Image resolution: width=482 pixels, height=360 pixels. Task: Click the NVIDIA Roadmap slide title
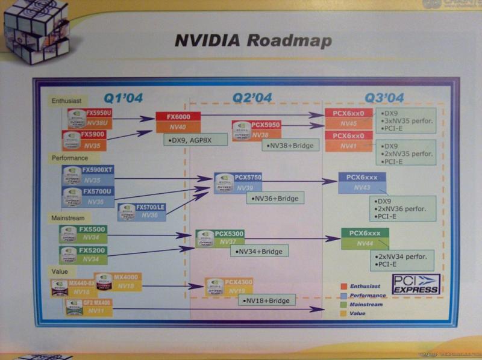click(252, 40)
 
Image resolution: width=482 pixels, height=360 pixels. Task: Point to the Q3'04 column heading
click(384, 97)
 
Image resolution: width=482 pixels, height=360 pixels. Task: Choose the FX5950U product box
click(87, 117)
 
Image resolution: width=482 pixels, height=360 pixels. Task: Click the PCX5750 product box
click(239, 182)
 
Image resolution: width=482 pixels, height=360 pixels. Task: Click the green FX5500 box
click(83, 234)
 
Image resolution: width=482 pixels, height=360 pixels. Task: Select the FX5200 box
click(83, 254)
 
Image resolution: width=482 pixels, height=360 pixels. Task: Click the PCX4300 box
click(230, 286)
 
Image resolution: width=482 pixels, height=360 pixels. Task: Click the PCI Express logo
click(416, 284)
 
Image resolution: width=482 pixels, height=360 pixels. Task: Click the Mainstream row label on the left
click(68, 217)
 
